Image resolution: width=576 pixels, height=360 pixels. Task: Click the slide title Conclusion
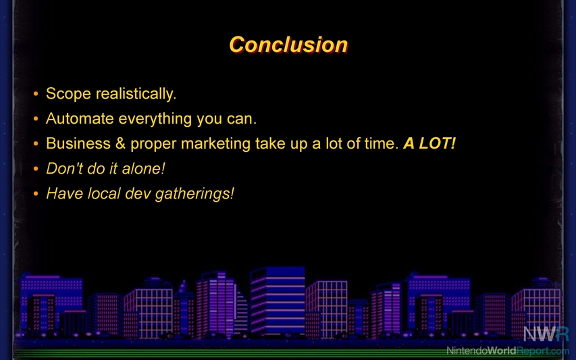tap(288, 45)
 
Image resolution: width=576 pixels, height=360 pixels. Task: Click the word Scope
tap(68, 94)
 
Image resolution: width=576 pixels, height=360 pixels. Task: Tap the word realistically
tap(136, 94)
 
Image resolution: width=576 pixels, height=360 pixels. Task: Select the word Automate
tap(80, 119)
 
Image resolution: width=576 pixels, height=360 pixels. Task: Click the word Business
tap(78, 144)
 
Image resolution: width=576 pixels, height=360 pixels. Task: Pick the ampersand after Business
tap(120, 144)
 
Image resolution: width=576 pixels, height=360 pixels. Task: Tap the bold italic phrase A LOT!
tap(429, 143)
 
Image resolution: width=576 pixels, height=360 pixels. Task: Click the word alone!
tap(143, 169)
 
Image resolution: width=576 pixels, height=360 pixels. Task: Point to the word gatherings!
tap(194, 194)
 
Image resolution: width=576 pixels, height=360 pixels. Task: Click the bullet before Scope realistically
tap(36, 94)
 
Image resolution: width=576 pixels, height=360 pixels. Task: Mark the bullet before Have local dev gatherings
tap(36, 194)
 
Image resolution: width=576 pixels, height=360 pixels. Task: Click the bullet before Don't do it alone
tap(36, 169)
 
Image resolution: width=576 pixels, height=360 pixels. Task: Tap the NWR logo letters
tap(546, 334)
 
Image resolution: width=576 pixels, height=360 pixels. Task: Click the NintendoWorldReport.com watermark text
tap(508, 351)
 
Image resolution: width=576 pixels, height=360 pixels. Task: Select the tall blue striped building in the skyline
tap(278, 301)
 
